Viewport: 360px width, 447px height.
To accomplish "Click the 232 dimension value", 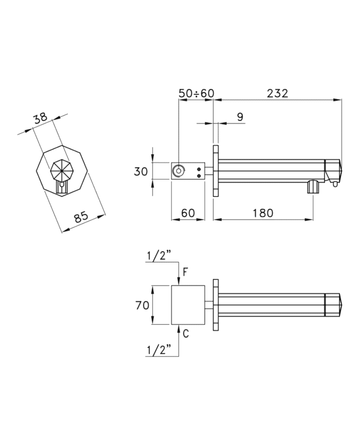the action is click(x=277, y=93).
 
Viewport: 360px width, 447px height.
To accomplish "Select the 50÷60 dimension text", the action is click(x=196, y=93).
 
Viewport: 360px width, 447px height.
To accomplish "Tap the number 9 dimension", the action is click(x=240, y=117).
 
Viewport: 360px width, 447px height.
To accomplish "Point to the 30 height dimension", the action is click(x=141, y=172).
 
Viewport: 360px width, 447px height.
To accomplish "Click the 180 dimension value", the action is click(x=262, y=213).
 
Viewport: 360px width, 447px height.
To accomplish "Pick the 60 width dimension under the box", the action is click(x=188, y=213).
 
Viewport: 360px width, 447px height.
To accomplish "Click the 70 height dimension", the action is click(x=142, y=306).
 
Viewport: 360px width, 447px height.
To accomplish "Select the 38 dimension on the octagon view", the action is click(x=40, y=118).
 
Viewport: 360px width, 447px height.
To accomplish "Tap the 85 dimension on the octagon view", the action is click(x=82, y=218).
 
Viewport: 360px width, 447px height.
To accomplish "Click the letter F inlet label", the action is click(x=185, y=272).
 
